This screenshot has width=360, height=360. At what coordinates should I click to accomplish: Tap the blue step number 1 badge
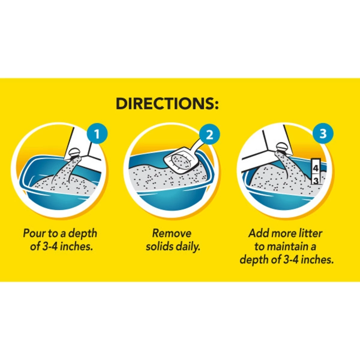97,134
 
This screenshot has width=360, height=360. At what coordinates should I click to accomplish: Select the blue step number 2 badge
210,134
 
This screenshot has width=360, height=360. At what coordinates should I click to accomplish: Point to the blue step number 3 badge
323,133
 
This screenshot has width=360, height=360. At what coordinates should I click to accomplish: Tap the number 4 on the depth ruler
316,168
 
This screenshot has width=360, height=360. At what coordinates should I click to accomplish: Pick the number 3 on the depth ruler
316,181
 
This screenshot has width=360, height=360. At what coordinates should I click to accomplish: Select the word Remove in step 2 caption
172,233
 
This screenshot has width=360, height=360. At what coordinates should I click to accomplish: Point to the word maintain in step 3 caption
289,247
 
